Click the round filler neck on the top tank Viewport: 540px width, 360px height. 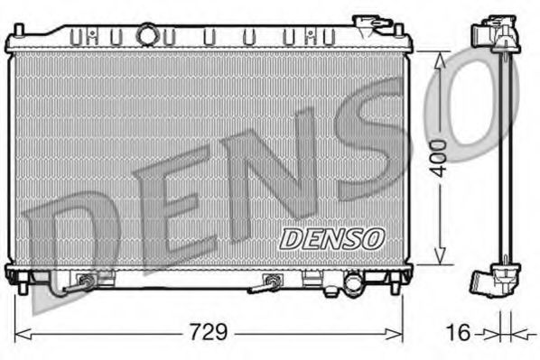[145, 35]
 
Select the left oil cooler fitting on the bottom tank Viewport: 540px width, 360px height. [86, 282]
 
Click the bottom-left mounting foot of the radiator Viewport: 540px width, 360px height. [14, 273]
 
